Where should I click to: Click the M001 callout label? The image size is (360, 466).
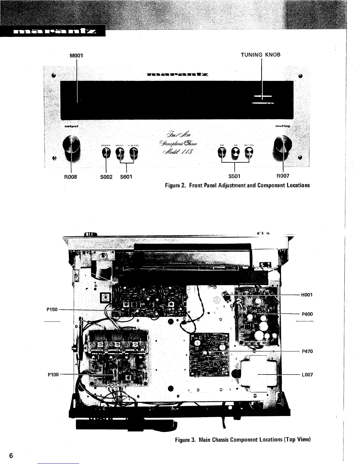point(77,55)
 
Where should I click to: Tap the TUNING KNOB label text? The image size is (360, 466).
point(261,55)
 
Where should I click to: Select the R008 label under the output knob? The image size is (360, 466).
point(70,177)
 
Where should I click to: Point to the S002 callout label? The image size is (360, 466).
point(106,177)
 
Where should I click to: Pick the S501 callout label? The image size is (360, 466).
point(234,176)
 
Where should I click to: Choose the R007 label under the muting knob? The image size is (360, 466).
point(283,176)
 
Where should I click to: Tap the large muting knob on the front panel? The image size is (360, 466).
point(282,146)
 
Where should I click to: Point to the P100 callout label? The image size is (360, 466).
point(53,375)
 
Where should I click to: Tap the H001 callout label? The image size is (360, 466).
point(307,294)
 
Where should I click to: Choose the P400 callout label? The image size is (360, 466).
point(307,314)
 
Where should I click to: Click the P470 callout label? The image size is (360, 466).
point(307,351)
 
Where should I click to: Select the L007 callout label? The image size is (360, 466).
point(307,375)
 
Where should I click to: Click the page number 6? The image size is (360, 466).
point(11,456)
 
